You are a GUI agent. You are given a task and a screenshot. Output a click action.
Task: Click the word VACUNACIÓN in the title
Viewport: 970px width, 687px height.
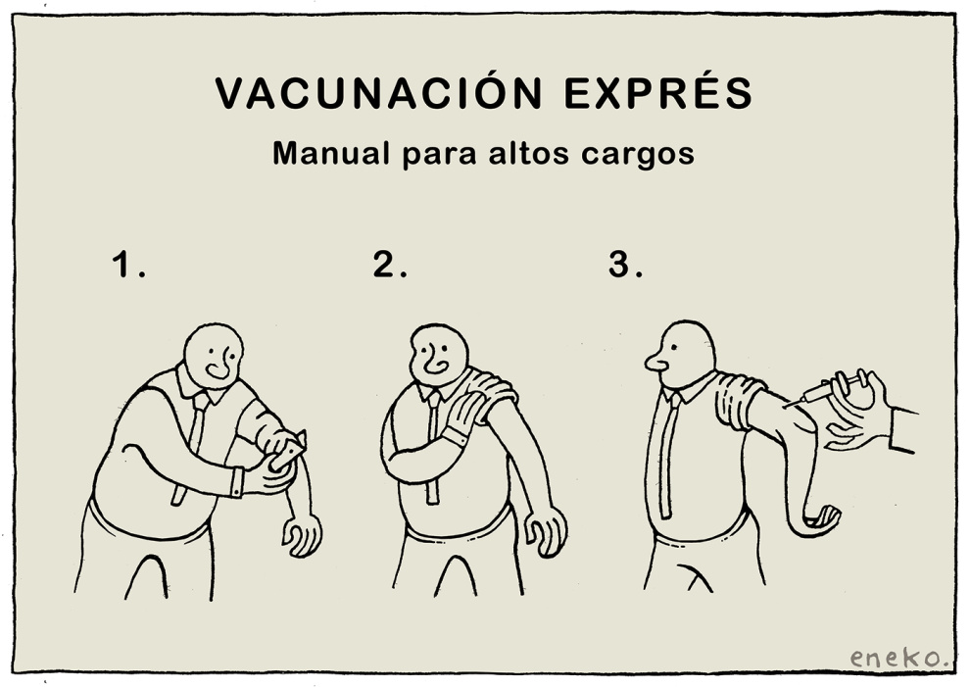(x=378, y=93)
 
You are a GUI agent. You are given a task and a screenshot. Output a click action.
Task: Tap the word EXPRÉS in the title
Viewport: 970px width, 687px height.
(x=658, y=93)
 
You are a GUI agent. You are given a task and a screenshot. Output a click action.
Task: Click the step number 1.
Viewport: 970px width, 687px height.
(x=128, y=265)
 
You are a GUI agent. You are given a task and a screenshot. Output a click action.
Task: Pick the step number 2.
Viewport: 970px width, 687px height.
(x=390, y=265)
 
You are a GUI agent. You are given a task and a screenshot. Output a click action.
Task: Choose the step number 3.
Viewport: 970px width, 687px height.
(x=625, y=265)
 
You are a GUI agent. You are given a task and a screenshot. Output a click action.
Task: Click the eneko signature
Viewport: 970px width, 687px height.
(x=898, y=657)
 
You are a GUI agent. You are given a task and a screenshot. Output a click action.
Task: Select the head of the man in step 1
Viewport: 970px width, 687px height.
(x=214, y=356)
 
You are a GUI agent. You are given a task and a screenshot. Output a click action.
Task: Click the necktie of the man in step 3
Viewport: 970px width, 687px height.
(x=667, y=455)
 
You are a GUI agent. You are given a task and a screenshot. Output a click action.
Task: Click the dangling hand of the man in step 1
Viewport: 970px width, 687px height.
(x=303, y=535)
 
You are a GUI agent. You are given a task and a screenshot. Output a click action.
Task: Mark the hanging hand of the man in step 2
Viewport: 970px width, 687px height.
(x=547, y=531)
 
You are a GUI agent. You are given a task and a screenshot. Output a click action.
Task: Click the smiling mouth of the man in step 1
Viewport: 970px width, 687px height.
(x=218, y=370)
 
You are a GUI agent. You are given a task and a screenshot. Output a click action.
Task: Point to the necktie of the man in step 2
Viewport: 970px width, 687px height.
(x=432, y=446)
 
